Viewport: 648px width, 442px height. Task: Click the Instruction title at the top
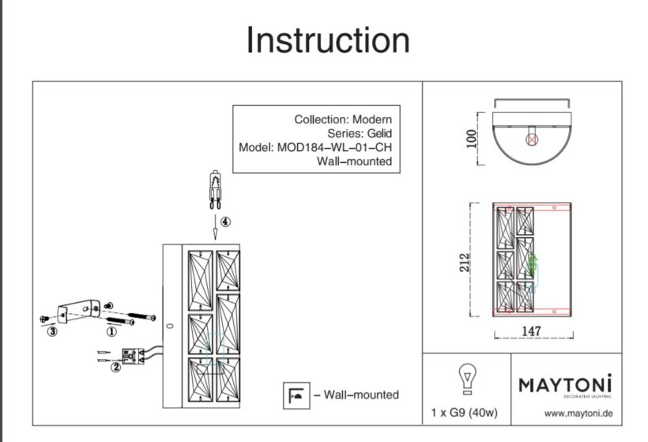point(328,40)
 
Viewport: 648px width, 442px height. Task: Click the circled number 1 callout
point(111,333)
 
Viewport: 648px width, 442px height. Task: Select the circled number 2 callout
point(115,366)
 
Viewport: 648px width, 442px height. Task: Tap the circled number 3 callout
point(52,332)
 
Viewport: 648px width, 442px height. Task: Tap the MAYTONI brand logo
point(566,386)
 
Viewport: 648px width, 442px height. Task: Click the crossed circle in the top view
point(532,138)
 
